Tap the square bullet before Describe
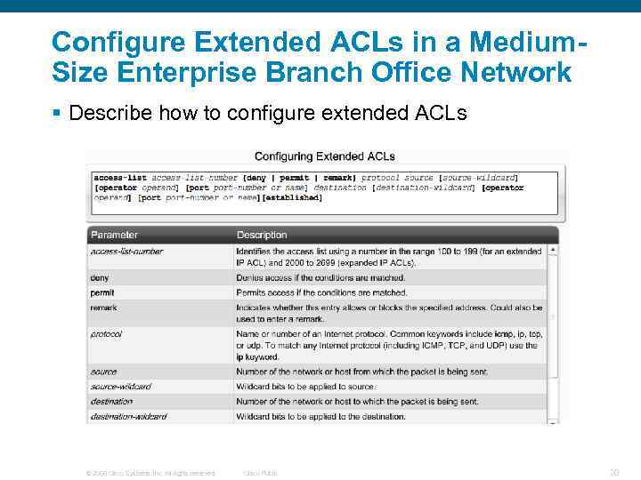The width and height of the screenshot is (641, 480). [x=56, y=114]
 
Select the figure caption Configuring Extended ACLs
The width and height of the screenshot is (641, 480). [x=325, y=156]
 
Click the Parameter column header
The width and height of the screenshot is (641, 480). [x=114, y=235]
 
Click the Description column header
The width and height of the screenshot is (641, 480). [x=262, y=235]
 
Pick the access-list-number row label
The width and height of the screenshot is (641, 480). [x=126, y=252]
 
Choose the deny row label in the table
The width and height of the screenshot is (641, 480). [x=100, y=277]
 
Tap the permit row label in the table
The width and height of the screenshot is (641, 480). [x=102, y=292]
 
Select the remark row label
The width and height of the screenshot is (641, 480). [x=103, y=308]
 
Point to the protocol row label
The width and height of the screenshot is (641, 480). [x=106, y=334]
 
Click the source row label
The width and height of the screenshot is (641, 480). [x=103, y=372]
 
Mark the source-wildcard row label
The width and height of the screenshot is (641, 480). [x=120, y=387]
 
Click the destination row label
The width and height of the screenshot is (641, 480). [x=111, y=402]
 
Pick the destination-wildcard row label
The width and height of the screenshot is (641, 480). [x=128, y=416]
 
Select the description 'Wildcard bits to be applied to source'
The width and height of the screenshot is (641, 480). [x=305, y=387]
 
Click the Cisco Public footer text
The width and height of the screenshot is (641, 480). [x=260, y=473]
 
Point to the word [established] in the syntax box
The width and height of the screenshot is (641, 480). [x=292, y=197]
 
